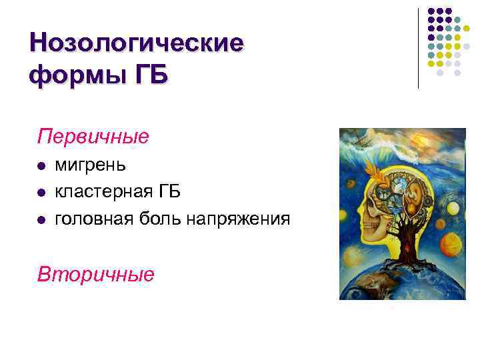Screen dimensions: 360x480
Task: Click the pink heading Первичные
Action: pos(93,137)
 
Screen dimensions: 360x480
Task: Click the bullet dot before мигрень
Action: pos(41,165)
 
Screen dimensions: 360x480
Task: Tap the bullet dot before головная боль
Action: pos(41,219)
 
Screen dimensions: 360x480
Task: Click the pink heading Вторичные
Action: pos(96,273)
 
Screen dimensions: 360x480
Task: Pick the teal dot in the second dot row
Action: pos(449,20)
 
